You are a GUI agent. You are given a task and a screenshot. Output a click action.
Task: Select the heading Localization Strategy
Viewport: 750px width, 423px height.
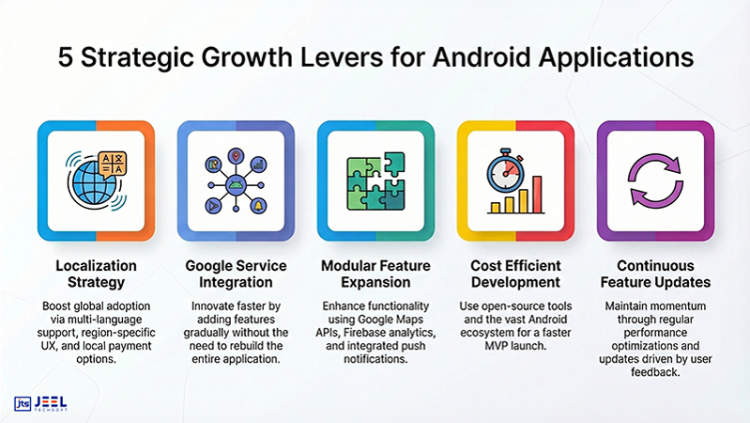pyautogui.click(x=96, y=274)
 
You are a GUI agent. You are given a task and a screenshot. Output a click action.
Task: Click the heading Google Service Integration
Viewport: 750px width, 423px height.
pyautogui.click(x=236, y=274)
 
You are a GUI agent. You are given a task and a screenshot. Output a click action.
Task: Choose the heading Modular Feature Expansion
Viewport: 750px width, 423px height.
pyautogui.click(x=375, y=274)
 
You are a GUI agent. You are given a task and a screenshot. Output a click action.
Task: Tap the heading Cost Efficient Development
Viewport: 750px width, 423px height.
pyautogui.click(x=515, y=274)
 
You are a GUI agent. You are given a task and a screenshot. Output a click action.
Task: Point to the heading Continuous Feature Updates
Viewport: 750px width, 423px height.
pyautogui.click(x=654, y=274)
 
